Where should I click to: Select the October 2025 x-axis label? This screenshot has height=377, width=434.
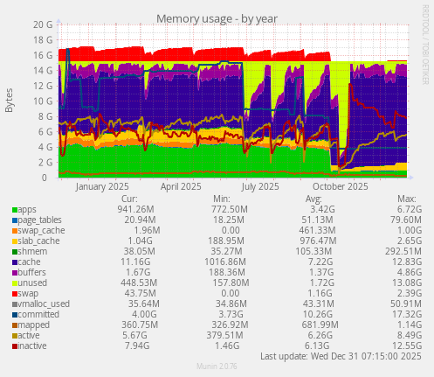[x=340, y=186]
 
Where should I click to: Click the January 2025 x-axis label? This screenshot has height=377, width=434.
[x=103, y=186]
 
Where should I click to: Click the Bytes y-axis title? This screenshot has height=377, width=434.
[x=10, y=101]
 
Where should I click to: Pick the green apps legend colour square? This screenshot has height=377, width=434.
[x=14, y=210]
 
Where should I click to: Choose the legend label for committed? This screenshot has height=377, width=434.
[x=37, y=315]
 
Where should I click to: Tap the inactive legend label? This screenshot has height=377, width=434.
[x=34, y=346]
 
